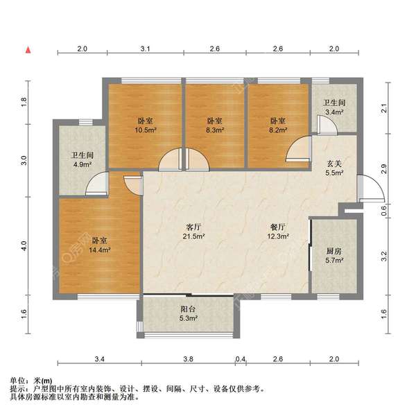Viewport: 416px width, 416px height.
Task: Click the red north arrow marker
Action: point(27,50)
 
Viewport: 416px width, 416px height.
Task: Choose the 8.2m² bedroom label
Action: point(278,125)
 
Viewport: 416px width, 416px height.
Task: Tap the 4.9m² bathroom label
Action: point(82,160)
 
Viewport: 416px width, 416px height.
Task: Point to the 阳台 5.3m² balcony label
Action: point(188,314)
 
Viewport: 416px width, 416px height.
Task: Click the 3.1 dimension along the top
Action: point(146,49)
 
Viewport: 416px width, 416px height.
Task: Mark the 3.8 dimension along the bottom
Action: point(189,359)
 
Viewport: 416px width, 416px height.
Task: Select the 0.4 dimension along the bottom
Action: point(241,359)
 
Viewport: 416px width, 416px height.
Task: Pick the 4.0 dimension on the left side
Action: point(23,246)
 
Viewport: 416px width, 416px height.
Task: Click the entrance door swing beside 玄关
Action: point(367,188)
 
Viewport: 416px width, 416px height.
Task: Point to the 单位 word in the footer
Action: point(18,381)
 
